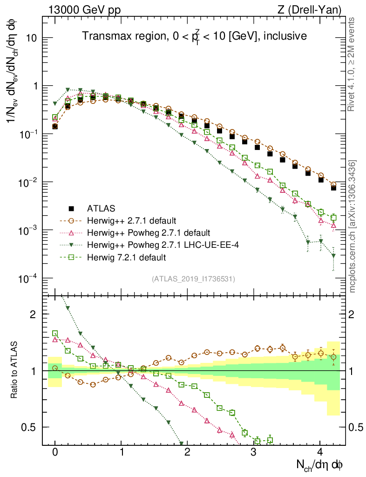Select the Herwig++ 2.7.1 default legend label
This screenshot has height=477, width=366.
(128, 220)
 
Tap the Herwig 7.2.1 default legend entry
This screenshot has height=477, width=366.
(127, 257)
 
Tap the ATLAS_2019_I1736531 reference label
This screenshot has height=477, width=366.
(193, 279)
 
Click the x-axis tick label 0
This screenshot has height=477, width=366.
(55, 452)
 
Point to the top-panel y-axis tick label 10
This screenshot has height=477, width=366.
(30, 38)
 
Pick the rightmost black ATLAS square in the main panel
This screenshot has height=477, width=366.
(333, 188)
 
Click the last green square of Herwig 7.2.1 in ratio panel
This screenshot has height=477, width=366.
(270, 440)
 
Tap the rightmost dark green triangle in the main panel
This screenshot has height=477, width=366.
(333, 255)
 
